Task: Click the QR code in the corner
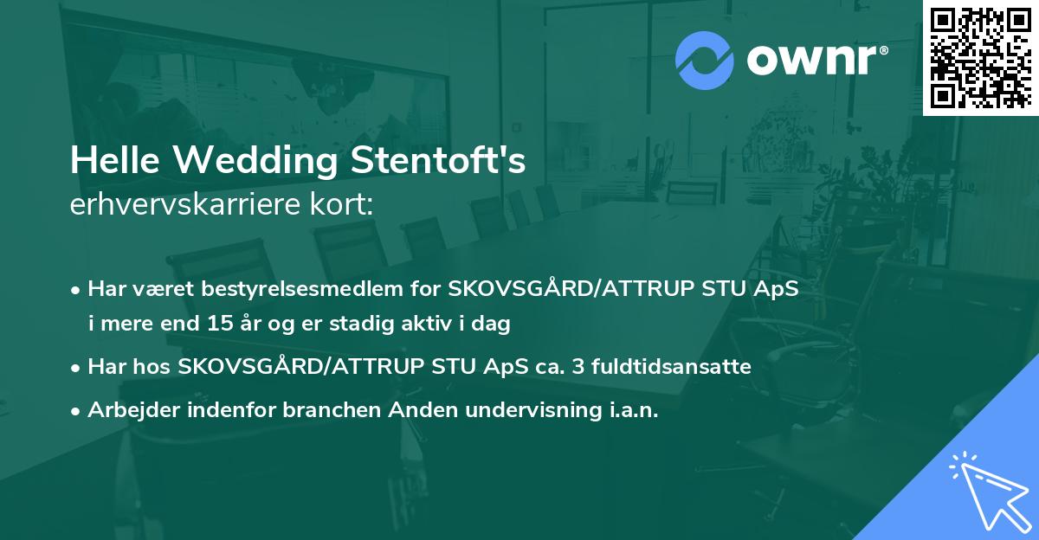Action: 981,57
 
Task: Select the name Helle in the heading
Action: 105,162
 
